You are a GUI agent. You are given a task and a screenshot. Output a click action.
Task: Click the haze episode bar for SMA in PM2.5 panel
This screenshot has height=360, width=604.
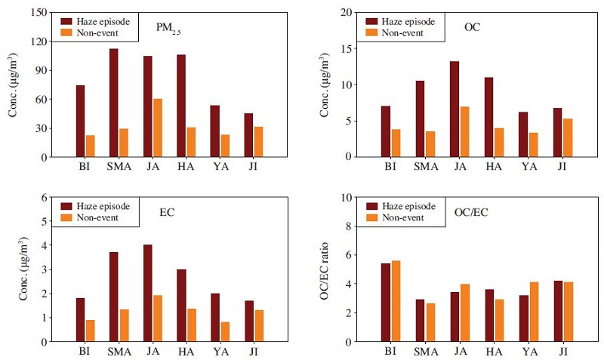(114, 103)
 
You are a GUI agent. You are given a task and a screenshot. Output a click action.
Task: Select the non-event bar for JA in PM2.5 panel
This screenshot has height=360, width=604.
(158, 128)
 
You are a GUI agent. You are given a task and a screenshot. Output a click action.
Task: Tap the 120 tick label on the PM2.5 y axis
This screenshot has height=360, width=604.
(39, 42)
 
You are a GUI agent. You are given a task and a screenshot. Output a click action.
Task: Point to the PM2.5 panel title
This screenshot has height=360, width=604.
(168, 29)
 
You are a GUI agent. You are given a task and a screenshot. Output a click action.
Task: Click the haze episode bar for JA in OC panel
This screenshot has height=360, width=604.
(455, 109)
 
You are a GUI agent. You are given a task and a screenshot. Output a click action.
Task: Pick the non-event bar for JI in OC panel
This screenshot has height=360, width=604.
(568, 137)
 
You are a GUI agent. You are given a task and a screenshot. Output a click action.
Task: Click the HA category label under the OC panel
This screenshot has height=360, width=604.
(494, 167)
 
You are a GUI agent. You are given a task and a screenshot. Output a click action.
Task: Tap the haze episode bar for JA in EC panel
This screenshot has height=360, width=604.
(147, 293)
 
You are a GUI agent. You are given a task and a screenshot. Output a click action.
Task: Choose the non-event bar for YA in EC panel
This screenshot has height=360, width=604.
(225, 331)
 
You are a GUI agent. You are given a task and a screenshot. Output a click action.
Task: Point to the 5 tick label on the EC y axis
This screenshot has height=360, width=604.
(44, 221)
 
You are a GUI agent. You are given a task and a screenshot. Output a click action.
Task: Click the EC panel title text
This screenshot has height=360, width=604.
(167, 212)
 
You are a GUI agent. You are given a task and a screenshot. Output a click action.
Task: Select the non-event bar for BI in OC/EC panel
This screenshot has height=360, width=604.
(396, 301)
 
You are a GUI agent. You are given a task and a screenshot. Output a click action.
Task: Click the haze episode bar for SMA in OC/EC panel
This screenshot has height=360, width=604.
(421, 320)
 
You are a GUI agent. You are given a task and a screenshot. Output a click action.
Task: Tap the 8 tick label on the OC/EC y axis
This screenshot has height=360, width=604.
(349, 226)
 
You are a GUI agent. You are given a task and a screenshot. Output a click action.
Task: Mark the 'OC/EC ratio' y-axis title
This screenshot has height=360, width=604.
(324, 271)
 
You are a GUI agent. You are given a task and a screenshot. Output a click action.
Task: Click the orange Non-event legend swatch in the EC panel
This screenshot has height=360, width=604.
(66, 217)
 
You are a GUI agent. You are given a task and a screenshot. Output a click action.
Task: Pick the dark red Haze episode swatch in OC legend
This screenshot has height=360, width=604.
(371, 22)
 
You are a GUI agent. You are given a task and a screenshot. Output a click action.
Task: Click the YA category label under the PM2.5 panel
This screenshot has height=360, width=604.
(220, 167)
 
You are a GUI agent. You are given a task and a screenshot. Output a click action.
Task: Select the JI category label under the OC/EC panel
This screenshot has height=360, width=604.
(562, 352)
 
